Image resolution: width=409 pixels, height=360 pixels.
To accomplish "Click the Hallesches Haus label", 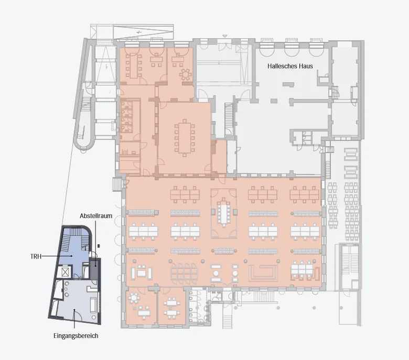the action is (290, 66).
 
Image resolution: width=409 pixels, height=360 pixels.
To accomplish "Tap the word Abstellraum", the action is (96, 216).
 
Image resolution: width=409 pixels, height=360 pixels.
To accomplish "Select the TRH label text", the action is (36, 257).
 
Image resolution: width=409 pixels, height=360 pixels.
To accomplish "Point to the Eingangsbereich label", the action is (76, 336).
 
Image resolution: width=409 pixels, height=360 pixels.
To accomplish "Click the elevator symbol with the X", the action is (65, 272).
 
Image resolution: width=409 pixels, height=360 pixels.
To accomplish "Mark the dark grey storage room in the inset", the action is (95, 268).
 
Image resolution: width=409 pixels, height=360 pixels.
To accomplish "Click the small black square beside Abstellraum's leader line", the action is (99, 246).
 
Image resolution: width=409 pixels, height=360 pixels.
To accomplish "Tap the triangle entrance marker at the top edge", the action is (225, 36).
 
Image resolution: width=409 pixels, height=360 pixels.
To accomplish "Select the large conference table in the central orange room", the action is (185, 137).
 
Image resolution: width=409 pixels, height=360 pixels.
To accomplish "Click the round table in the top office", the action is (186, 74).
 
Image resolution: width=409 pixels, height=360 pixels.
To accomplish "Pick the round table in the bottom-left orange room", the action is (134, 298).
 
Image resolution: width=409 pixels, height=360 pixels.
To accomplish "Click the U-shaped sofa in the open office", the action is (263, 273).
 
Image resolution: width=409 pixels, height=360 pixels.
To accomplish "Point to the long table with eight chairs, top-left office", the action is (134, 66).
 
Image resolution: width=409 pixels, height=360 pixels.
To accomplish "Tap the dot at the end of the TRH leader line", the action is (71, 256).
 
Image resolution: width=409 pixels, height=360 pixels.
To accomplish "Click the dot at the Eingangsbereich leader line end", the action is (74, 310).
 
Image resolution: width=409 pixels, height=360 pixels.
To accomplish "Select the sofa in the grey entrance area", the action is (93, 305).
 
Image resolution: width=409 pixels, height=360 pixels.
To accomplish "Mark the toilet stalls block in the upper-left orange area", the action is (127, 117).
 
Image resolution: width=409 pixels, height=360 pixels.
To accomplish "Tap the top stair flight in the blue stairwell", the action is (77, 232).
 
